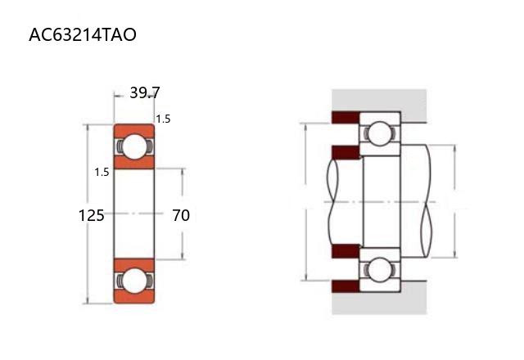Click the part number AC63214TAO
point(83,34)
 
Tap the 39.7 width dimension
point(145,92)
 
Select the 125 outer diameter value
point(91,215)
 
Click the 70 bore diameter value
point(181,215)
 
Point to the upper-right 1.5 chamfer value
point(163,119)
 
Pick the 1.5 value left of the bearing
point(102,172)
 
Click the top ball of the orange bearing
point(134,146)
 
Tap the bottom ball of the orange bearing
point(134,281)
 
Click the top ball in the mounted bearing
point(380,133)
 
